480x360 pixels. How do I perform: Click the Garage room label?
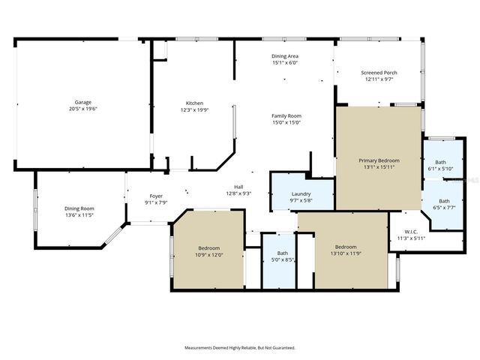tap(82, 102)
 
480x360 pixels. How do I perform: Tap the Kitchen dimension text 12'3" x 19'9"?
tap(194, 109)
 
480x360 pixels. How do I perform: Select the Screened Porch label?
tap(380, 73)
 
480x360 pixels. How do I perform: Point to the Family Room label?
tap(286, 115)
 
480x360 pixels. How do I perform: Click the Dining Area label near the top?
tap(285, 56)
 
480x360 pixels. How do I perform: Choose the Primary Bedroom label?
tap(378, 160)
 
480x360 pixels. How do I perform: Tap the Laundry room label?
tap(301, 193)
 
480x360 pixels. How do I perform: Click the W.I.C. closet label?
tap(411, 232)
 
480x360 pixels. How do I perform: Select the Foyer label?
tap(156, 196)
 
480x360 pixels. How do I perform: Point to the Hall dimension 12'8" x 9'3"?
tap(238, 193)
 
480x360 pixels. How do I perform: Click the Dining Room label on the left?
tap(79, 208)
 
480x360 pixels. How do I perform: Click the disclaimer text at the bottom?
tap(240, 348)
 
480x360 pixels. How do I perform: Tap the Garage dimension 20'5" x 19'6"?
tap(82, 109)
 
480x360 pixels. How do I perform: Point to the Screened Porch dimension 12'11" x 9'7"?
tap(380, 79)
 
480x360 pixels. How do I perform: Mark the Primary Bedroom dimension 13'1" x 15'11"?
tap(378, 166)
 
